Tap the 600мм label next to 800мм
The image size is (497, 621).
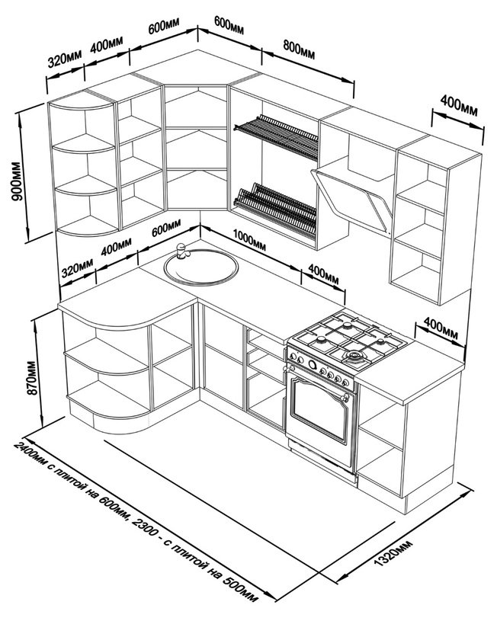229,26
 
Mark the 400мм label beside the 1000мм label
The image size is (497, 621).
322,275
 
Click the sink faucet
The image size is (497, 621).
181,251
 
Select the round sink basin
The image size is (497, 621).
202,267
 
